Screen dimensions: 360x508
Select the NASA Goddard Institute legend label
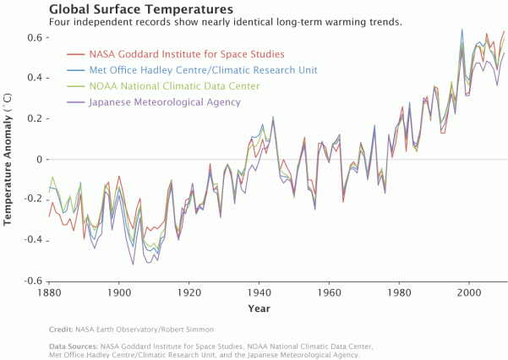point(187,54)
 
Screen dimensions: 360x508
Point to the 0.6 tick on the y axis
point(35,38)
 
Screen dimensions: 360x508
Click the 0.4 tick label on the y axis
point(35,79)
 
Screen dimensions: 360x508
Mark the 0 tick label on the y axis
point(39,160)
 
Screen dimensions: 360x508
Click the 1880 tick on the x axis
point(50,292)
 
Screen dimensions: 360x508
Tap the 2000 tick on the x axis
point(469,292)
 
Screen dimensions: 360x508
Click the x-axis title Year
point(259,308)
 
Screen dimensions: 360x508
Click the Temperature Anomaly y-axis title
point(8,160)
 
